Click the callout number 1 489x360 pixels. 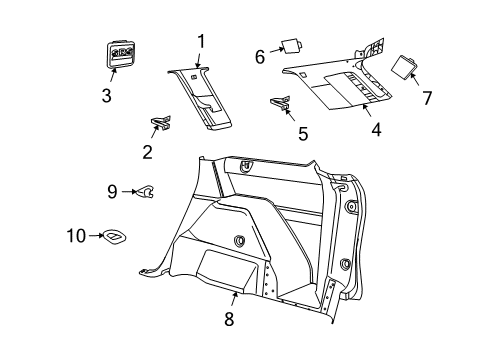coord(201,41)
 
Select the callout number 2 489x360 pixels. coord(146,152)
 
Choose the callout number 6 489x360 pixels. coord(259,57)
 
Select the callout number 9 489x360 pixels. coord(113,190)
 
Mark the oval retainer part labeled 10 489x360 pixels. coord(116,237)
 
